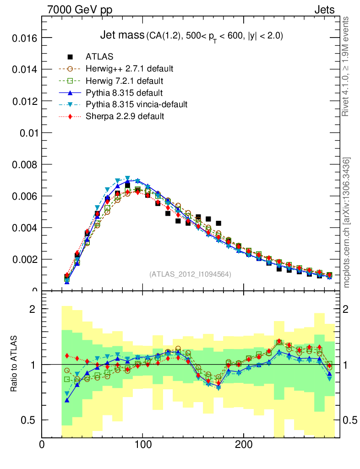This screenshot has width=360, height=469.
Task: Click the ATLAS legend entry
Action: tap(99, 57)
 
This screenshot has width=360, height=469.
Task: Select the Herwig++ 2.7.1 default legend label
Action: tap(129, 69)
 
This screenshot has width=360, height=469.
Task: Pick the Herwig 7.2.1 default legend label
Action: tap(124, 81)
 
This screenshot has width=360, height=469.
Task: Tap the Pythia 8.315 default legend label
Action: tap(124, 93)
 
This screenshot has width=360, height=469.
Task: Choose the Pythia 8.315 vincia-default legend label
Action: tap(136, 104)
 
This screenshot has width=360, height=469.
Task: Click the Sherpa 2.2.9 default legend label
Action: tap(125, 116)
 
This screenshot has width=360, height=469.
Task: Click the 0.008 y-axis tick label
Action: tap(23, 164)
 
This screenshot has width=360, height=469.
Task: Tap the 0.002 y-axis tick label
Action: tap(23, 259)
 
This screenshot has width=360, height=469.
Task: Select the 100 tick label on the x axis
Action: tap(143, 444)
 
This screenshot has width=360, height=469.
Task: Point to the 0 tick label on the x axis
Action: tap(42, 444)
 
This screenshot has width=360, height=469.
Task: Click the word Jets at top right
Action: tap(324, 10)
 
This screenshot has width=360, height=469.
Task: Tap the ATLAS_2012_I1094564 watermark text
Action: tap(190, 274)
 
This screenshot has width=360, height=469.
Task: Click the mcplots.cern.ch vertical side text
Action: tap(347, 223)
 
